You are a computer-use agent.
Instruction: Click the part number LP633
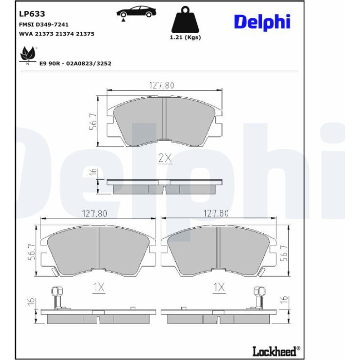[32, 14]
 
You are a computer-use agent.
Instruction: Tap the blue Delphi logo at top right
[262, 22]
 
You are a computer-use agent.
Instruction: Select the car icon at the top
[136, 13]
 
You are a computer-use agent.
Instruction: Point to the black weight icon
[185, 20]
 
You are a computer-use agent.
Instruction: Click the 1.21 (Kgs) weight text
[185, 37]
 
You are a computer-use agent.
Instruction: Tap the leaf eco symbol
[28, 55]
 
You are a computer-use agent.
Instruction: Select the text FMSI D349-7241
[43, 24]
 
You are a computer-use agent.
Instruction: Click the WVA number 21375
[85, 34]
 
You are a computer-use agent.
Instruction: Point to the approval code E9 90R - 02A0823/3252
[75, 64]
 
